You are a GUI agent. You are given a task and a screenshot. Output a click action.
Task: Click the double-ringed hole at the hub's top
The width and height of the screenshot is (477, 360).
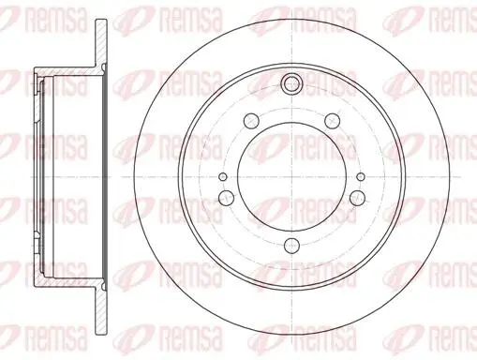coord(291,82)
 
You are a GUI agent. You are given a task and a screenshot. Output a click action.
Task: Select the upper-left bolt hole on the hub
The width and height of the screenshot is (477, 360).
coord(251,120)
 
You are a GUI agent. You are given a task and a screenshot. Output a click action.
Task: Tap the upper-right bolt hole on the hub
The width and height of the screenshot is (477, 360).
coord(332,121)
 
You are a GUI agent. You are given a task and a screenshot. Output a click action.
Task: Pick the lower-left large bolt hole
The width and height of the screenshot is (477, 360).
coord(226,197)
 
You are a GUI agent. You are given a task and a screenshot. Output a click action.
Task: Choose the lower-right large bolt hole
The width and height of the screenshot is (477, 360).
coord(357,197)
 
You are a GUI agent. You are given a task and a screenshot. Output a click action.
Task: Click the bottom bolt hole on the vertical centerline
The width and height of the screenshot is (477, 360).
coord(291,245)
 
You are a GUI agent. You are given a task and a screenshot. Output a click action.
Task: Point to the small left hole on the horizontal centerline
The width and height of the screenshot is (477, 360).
coord(223,176)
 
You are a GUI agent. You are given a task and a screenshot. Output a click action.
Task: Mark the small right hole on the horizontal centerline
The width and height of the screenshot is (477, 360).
coord(361,176)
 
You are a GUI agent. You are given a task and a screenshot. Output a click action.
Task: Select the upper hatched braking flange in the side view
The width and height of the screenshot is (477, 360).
coord(101,43)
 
